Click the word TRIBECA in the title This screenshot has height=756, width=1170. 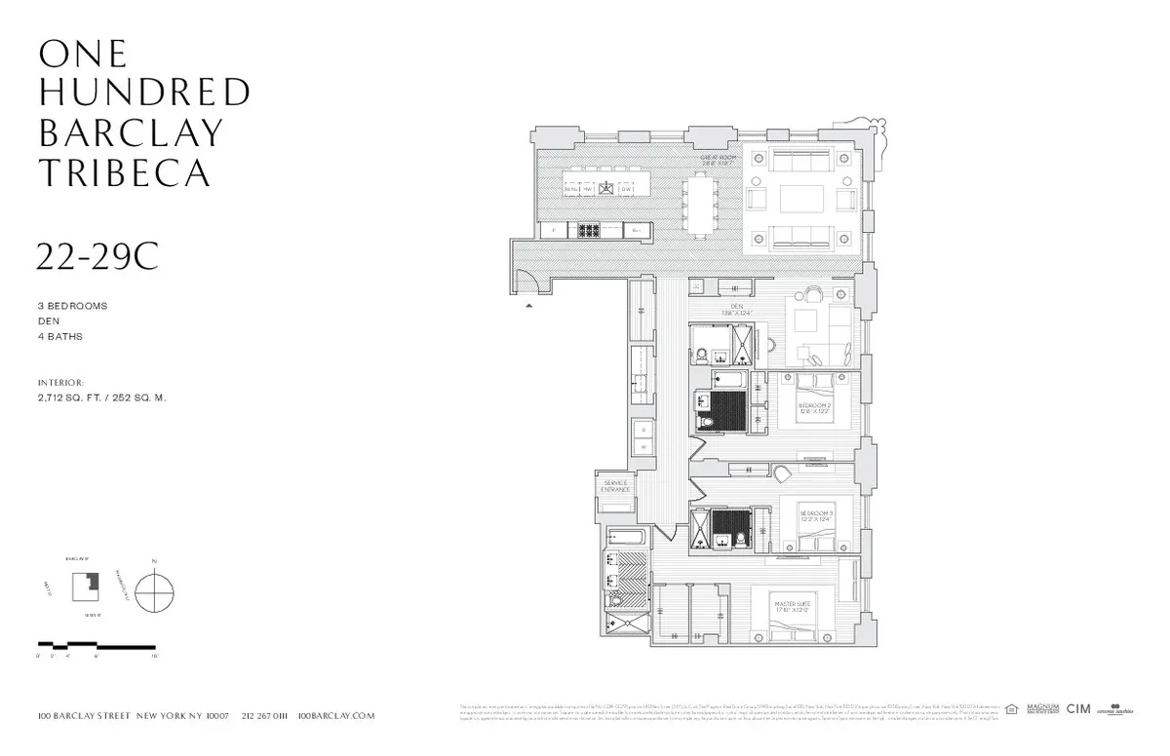pos(124,172)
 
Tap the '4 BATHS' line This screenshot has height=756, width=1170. pos(60,337)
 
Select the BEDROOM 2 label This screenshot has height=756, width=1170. pos(815,407)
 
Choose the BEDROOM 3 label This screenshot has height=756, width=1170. pos(815,515)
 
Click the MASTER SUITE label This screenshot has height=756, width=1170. pos(793,607)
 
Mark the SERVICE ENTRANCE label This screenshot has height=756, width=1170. pos(616,486)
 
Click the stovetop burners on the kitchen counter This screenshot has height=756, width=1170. pos(590,231)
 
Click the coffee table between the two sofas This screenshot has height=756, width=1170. pos(800,199)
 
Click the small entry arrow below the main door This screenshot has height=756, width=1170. pos(529,305)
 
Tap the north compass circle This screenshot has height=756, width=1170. pos(154,593)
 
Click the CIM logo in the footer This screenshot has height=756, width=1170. pos(1077,709)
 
